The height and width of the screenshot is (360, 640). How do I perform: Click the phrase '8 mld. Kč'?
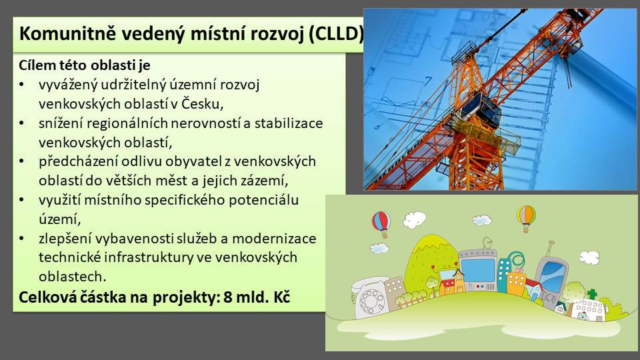257,297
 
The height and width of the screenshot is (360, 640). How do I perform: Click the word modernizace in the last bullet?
274,238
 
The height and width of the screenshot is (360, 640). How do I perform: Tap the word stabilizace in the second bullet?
289,123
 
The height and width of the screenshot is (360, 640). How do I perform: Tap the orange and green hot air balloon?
526,218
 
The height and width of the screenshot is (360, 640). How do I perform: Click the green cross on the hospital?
592,294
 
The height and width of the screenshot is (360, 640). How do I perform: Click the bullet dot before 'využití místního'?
21,200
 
